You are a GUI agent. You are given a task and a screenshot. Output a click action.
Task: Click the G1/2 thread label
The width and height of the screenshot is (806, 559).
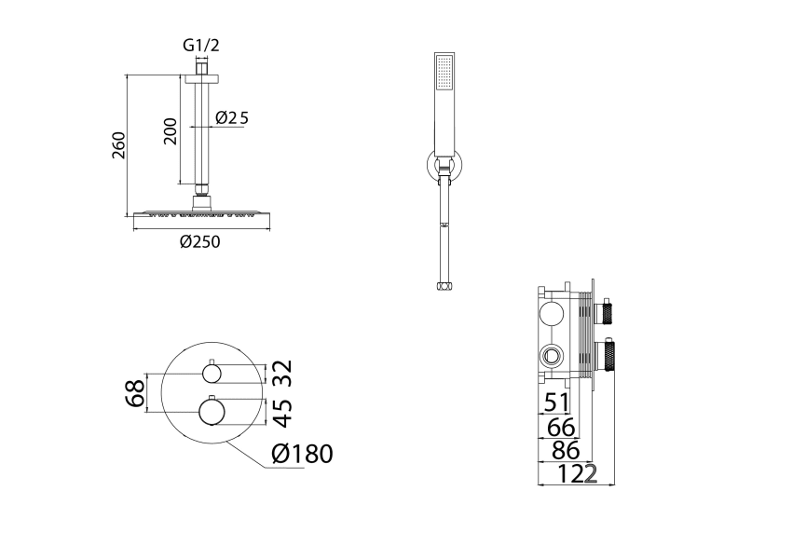pyautogui.click(x=201, y=46)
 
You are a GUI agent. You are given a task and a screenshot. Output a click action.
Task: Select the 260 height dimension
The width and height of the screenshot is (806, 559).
pyautogui.click(x=118, y=145)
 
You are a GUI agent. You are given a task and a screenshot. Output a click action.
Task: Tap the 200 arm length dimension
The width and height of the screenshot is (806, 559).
pyautogui.click(x=171, y=131)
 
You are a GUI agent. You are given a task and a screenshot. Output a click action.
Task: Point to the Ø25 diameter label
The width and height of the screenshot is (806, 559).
pyautogui.click(x=232, y=117)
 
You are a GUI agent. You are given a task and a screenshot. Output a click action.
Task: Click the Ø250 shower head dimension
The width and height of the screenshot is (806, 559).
pyautogui.click(x=200, y=241)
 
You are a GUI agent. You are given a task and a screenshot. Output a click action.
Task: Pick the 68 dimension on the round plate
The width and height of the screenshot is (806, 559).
pyautogui.click(x=135, y=393)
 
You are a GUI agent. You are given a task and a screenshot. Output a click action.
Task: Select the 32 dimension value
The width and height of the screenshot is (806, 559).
pyautogui.click(x=282, y=373)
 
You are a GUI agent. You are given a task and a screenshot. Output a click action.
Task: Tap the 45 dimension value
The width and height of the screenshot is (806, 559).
pyautogui.click(x=282, y=413)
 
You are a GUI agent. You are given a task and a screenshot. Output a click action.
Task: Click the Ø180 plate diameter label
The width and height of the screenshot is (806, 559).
pyautogui.click(x=303, y=454)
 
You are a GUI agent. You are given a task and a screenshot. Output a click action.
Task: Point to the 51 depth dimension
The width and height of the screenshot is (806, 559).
pyautogui.click(x=556, y=402)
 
